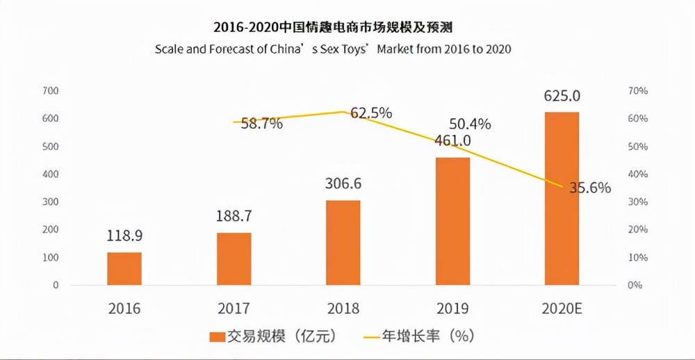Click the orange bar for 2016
click(x=124, y=268)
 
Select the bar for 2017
click(x=234, y=259)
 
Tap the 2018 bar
click(x=343, y=243)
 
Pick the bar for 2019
click(x=452, y=221)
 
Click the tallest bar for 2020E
click(x=562, y=198)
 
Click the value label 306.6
click(x=343, y=184)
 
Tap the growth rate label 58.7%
click(x=261, y=124)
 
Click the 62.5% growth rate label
click(x=371, y=113)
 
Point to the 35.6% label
click(x=589, y=188)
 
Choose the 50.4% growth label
click(x=470, y=124)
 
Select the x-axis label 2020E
click(x=562, y=309)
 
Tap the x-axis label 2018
click(x=343, y=309)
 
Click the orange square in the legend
click(x=218, y=336)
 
